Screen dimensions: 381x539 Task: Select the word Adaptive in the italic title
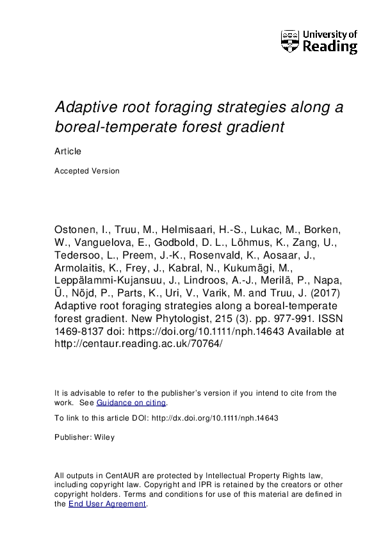(x=85, y=107)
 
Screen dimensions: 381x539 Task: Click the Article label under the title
(x=67, y=152)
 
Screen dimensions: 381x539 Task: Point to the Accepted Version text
(x=87, y=171)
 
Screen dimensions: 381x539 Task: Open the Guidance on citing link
(x=131, y=403)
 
